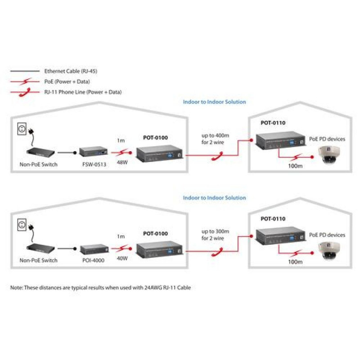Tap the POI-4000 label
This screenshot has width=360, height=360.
93,260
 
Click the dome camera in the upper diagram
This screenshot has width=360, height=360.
330,154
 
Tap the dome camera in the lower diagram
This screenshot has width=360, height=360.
330,250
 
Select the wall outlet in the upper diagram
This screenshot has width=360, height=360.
20,130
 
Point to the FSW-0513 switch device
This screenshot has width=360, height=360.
92,152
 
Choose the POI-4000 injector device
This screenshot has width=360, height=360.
93,248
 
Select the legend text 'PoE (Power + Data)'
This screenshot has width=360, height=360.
67,81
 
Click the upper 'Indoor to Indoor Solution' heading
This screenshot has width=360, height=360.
214,102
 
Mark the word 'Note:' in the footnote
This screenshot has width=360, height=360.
17,287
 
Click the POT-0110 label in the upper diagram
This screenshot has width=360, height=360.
273,122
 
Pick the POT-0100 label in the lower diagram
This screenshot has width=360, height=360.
155,233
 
